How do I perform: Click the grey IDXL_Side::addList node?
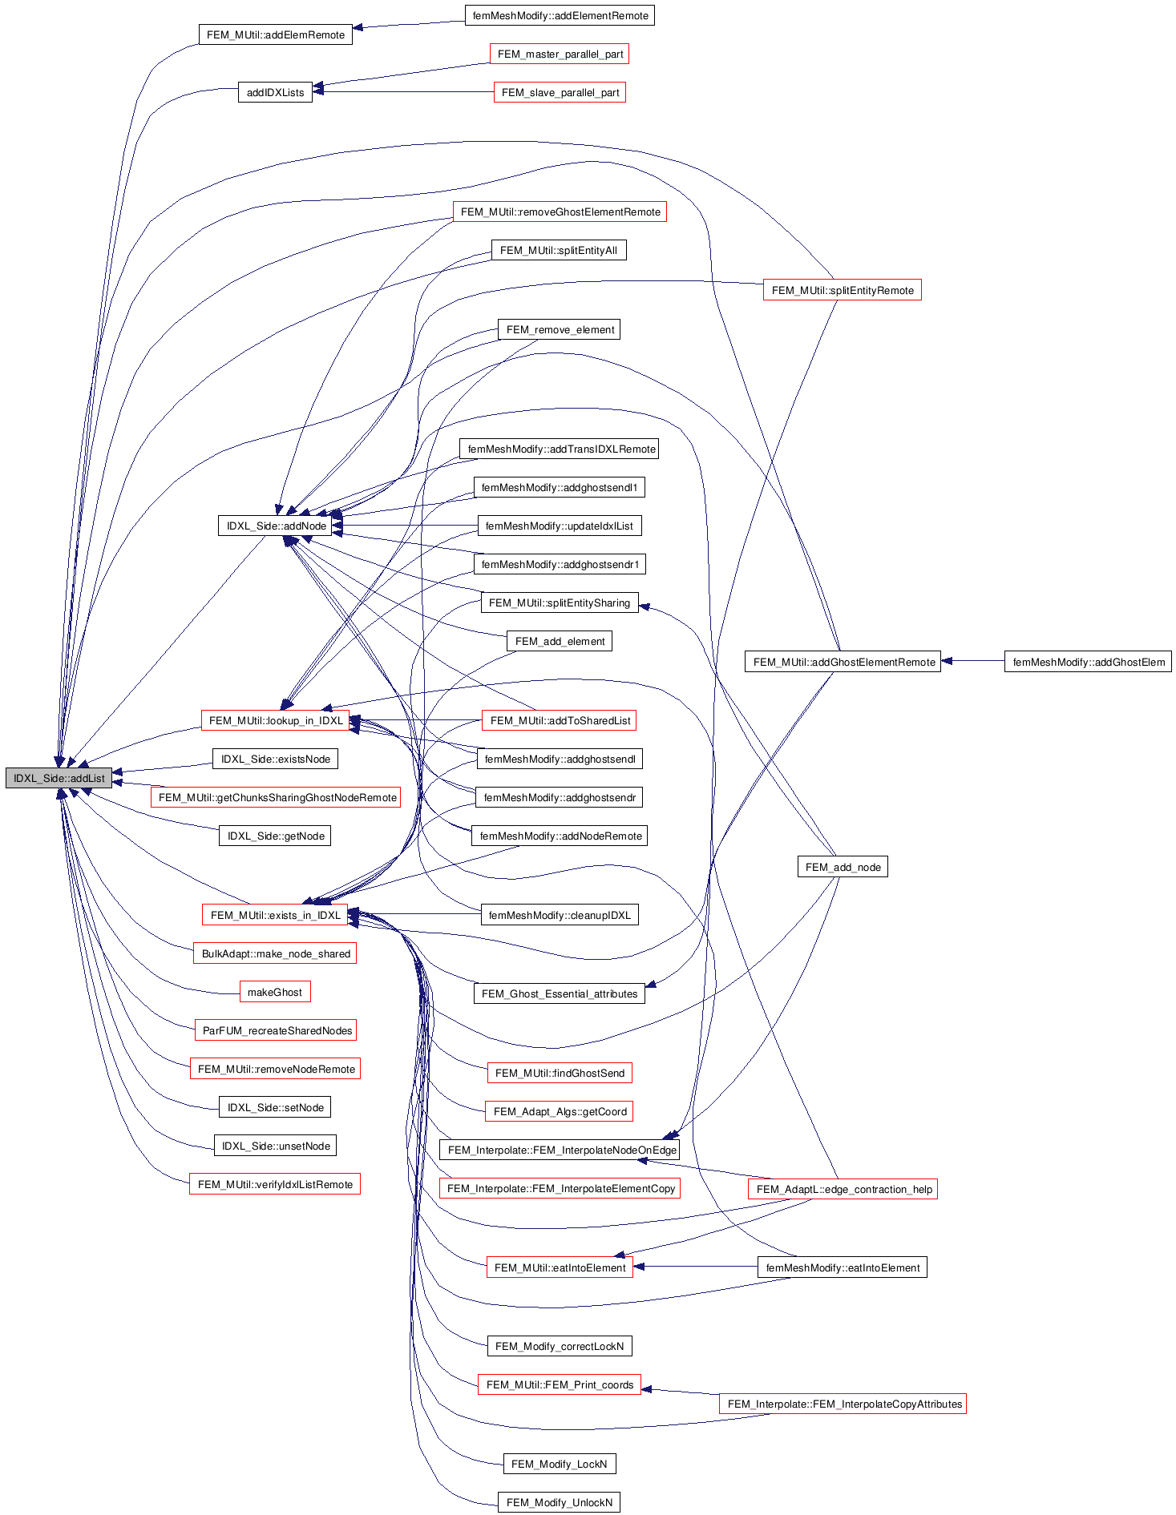(x=59, y=778)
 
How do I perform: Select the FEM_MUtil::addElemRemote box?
(x=275, y=34)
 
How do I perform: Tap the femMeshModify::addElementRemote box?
(x=560, y=15)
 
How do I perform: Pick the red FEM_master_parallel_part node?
(x=560, y=54)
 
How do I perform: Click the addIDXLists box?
(x=275, y=92)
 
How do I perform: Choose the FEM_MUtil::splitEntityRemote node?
(x=842, y=290)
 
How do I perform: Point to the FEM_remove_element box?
(x=560, y=329)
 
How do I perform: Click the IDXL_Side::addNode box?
(x=276, y=526)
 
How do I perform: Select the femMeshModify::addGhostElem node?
(x=1088, y=662)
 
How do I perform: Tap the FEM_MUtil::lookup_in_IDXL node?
(x=275, y=720)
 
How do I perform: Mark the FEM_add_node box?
(x=843, y=867)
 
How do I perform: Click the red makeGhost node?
(x=274, y=992)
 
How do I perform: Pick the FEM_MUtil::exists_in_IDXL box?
(x=275, y=915)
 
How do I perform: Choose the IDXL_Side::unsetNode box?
(x=275, y=1146)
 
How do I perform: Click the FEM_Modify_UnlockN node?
(x=559, y=1502)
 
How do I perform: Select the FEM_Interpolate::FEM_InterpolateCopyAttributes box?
(x=843, y=1404)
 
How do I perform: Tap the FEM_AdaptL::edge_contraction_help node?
(x=843, y=1189)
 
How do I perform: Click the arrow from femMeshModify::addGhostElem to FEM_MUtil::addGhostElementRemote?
(x=972, y=661)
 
